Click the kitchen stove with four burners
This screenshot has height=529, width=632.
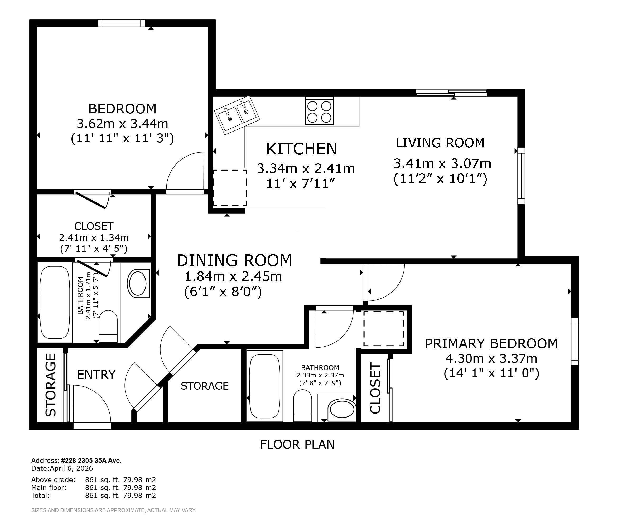click(x=319, y=111)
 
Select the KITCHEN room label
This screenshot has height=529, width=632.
click(x=302, y=149)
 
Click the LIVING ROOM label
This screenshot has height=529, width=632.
click(x=440, y=143)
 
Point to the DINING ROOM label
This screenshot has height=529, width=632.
click(x=234, y=260)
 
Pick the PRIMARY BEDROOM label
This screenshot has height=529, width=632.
click(x=491, y=343)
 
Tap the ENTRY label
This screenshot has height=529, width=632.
click(x=96, y=375)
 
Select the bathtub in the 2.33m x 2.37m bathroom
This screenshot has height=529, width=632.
click(x=265, y=386)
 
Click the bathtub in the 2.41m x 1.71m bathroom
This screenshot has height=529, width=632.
click(x=55, y=302)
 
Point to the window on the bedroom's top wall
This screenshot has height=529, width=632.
click(x=122, y=23)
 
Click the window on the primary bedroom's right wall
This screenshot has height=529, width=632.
click(x=575, y=342)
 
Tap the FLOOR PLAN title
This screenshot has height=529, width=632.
click(x=297, y=444)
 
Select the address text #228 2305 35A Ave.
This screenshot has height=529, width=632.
click(x=91, y=460)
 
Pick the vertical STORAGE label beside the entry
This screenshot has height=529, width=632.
click(x=51, y=385)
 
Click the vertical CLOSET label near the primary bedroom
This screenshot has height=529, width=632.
click(x=375, y=388)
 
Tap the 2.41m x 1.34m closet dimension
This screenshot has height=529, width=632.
click(x=94, y=238)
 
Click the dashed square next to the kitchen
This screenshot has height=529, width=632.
click(x=230, y=187)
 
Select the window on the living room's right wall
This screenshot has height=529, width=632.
click(x=521, y=176)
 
